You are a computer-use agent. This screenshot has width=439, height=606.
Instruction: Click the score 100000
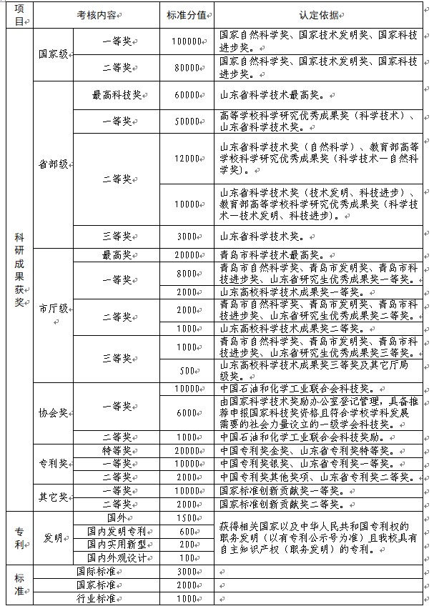[187, 42]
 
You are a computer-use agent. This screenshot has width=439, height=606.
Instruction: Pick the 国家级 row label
[54, 55]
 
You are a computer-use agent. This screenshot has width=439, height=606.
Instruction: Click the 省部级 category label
[54, 164]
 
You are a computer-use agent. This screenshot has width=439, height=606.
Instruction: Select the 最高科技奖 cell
[117, 94]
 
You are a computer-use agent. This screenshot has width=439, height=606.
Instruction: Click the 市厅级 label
[54, 308]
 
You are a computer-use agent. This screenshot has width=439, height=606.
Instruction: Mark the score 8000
[187, 273]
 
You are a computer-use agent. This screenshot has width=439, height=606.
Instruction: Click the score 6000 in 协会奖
[187, 413]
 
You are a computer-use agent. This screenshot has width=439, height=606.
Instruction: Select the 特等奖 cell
[117, 450]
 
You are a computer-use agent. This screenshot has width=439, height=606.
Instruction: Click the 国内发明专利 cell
[117, 531]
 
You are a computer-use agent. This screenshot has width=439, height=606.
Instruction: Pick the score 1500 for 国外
[187, 517]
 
